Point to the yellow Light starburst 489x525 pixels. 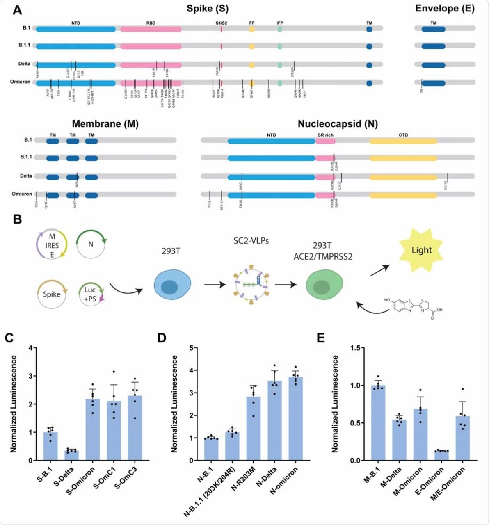(x=421, y=250)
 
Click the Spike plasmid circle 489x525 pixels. (x=51, y=294)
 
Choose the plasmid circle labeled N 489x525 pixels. (x=91, y=244)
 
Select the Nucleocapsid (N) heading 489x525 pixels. (x=338, y=123)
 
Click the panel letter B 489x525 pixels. (x=17, y=219)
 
